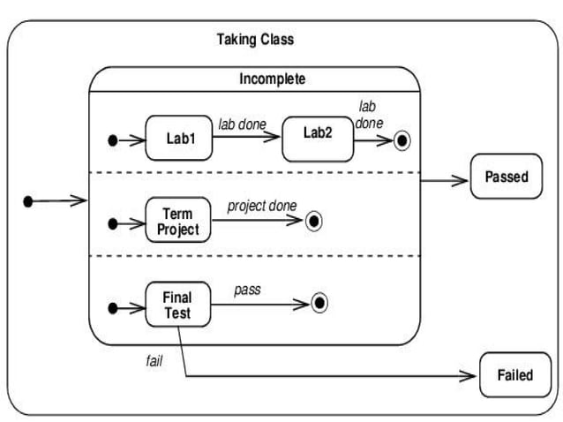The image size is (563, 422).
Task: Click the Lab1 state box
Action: tap(179, 139)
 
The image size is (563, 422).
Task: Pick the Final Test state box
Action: tap(177, 305)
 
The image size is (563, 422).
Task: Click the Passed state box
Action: tap(506, 177)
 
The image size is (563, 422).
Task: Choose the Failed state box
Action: tap(514, 374)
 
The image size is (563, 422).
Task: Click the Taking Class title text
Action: tap(255, 40)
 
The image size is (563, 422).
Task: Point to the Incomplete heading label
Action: tap(272, 79)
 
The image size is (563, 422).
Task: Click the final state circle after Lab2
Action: tap(403, 139)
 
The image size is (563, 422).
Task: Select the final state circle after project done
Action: tap(313, 222)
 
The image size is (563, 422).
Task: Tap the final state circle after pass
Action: tap(319, 304)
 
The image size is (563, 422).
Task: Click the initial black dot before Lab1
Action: tap(113, 140)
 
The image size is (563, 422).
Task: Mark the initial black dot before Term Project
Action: tap(113, 223)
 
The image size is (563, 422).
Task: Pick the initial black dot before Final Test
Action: tap(113, 308)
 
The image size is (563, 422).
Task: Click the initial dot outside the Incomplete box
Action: tap(27, 202)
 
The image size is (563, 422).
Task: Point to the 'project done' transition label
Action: tap(262, 206)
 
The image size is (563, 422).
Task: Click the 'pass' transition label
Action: tap(247, 290)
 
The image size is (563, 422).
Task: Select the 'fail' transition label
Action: tap(154, 361)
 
